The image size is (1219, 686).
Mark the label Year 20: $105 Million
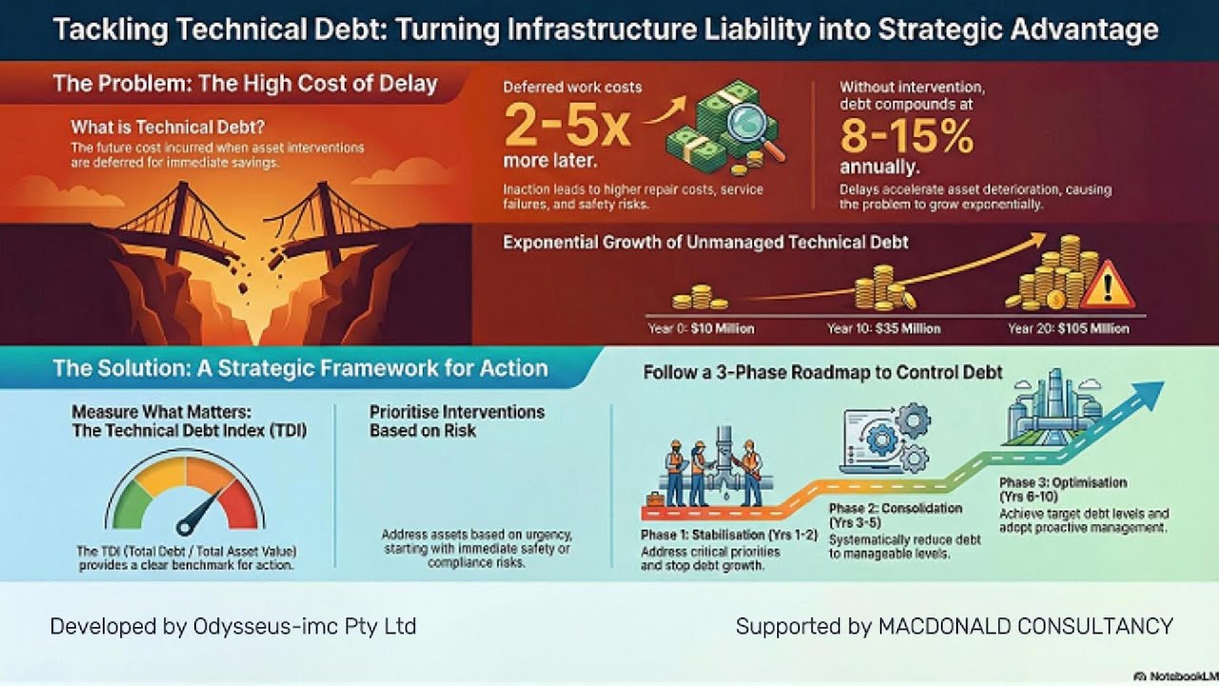1069,329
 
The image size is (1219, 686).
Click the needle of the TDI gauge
197,511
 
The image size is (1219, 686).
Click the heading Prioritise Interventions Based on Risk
457,420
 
